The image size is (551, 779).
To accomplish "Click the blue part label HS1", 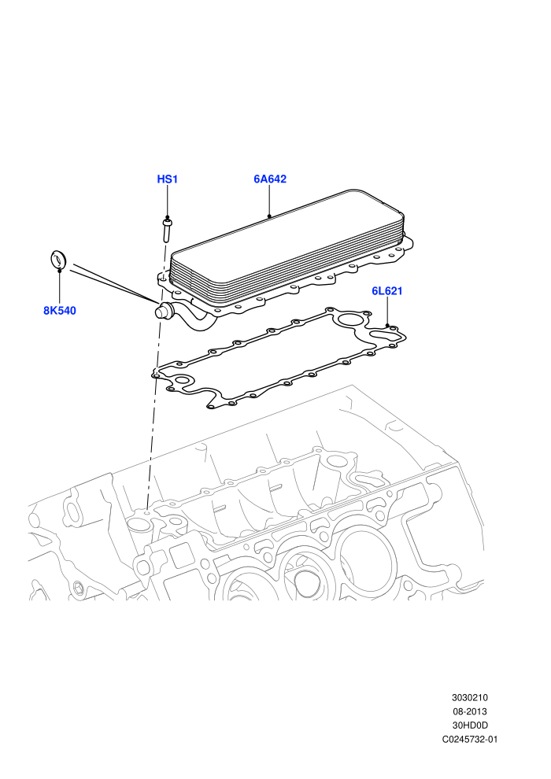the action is pyautogui.click(x=168, y=179).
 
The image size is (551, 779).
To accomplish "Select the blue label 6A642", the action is pyautogui.click(x=270, y=179).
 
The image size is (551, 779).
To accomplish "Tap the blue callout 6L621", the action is pyautogui.click(x=387, y=290).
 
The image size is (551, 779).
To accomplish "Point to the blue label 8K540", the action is pyautogui.click(x=60, y=311).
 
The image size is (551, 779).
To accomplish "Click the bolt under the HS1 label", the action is pyautogui.click(x=166, y=232).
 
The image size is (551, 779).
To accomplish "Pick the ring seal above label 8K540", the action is pyautogui.click(x=58, y=260).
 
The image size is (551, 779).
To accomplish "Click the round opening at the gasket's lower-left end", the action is pyautogui.click(x=183, y=382).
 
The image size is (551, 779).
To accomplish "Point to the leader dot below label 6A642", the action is pyautogui.click(x=268, y=216).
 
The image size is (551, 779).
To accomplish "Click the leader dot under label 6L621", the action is pyautogui.click(x=387, y=326).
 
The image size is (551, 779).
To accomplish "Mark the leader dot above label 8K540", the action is pyautogui.click(x=60, y=270).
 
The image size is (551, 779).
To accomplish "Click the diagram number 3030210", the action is pyautogui.click(x=469, y=697).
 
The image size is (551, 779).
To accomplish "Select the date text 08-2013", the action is pyautogui.click(x=469, y=711).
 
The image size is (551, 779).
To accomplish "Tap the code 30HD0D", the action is pyautogui.click(x=470, y=725).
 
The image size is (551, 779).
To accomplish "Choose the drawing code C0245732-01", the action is pyautogui.click(x=470, y=739).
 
